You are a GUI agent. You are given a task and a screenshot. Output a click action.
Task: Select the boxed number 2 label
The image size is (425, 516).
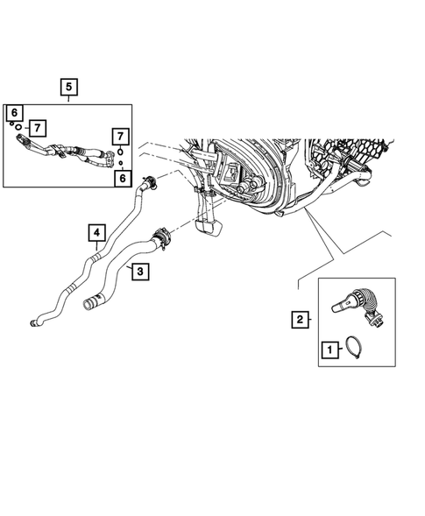pos(300,321)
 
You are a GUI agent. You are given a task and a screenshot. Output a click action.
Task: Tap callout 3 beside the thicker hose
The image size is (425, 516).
pos(139,272)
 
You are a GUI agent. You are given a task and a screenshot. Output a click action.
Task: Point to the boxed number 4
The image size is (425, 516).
pos(96,233)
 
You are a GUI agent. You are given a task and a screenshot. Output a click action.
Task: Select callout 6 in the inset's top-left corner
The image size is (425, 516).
pos(14,112)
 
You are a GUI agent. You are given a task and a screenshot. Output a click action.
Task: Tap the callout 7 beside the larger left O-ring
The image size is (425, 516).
pos(36,128)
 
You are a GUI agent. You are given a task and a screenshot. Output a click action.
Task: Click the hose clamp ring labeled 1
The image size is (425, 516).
pos(359,349)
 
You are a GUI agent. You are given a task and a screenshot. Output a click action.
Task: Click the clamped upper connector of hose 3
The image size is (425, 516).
pos(160,235)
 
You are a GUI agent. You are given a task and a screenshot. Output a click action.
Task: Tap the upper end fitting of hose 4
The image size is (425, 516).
pos(151,184)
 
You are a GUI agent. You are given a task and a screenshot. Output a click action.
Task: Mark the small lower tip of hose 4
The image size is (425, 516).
pos(34,324)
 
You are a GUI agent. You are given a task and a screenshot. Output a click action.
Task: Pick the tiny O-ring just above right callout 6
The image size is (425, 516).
pos(120,163)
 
